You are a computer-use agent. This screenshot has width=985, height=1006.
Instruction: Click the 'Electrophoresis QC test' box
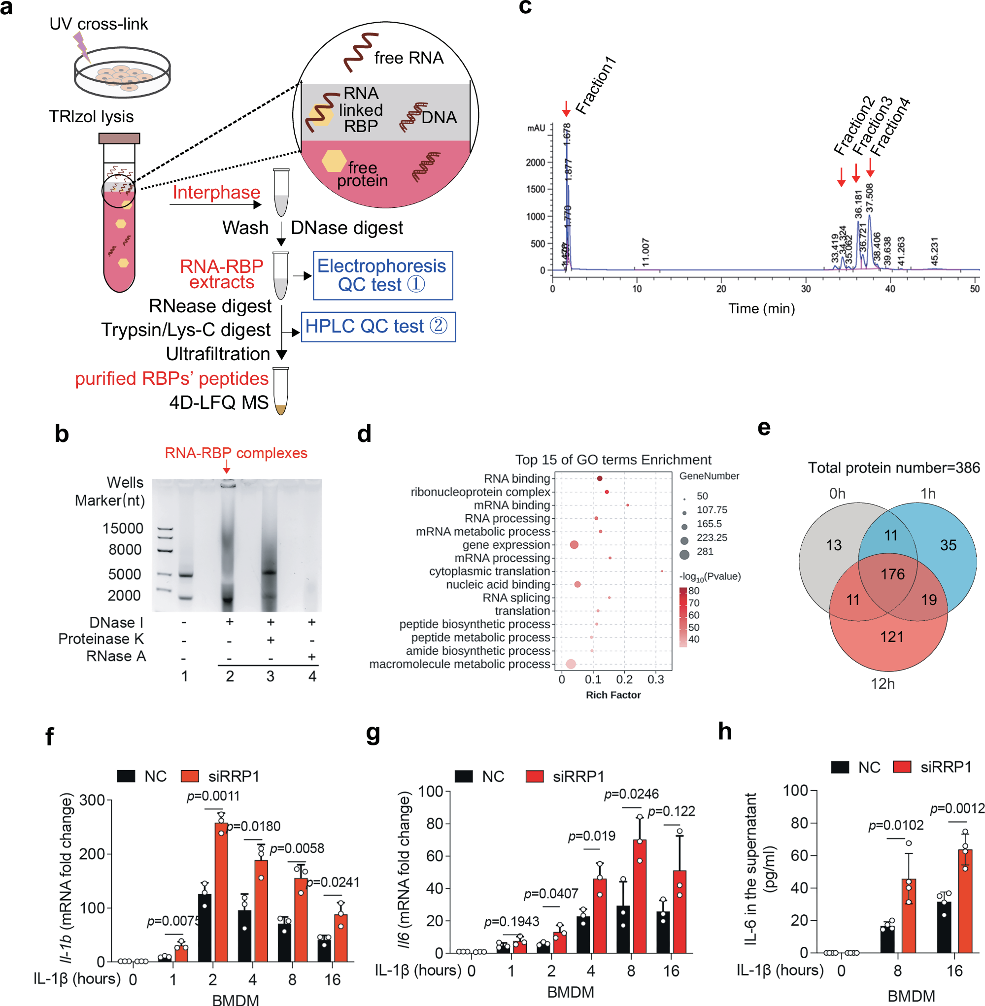(x=383, y=275)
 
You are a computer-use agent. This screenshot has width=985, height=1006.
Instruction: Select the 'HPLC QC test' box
(x=377, y=326)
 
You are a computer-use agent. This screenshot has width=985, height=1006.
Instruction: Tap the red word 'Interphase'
(x=216, y=193)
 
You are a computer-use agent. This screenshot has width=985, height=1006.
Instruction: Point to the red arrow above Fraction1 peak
(x=567, y=108)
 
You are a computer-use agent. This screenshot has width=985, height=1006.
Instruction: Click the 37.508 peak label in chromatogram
(x=870, y=198)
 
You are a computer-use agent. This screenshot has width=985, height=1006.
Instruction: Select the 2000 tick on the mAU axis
(x=536, y=163)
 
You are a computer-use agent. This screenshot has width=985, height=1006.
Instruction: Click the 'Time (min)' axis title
(x=761, y=309)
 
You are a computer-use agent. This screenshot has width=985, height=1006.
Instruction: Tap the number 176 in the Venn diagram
(x=892, y=573)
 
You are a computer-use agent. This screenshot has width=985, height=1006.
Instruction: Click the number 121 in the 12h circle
(x=892, y=637)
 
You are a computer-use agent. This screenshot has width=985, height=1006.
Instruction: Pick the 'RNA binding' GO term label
(x=516, y=478)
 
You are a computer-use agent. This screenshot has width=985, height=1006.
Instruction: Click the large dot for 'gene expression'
(x=574, y=545)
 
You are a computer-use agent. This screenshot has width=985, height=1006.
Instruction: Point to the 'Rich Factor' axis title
(x=613, y=695)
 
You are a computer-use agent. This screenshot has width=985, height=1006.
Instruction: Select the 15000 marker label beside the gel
(x=123, y=528)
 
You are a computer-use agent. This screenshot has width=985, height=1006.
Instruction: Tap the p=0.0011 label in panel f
(x=213, y=796)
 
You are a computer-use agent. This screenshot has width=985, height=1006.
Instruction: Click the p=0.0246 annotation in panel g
(x=631, y=794)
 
